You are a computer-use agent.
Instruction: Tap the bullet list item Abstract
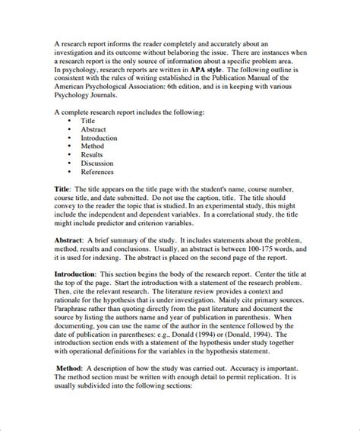click(93, 129)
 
